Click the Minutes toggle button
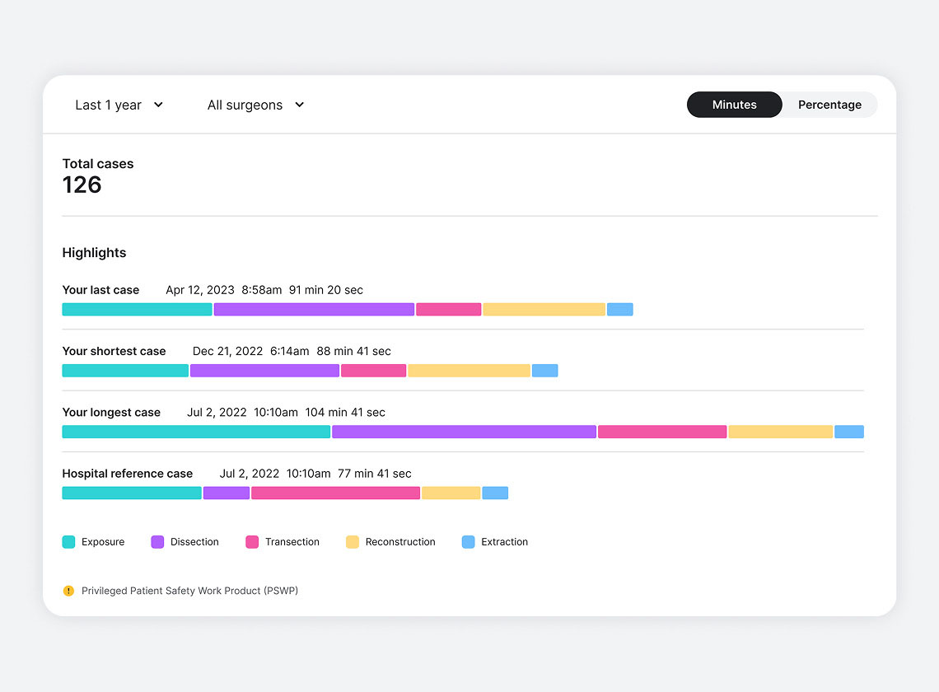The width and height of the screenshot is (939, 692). pyautogui.click(x=734, y=105)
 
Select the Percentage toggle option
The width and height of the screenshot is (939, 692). pyautogui.click(x=829, y=105)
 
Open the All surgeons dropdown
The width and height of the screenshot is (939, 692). pyautogui.click(x=255, y=105)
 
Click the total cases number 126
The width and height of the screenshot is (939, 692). pyautogui.click(x=82, y=185)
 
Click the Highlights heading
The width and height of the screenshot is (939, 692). pyautogui.click(x=94, y=253)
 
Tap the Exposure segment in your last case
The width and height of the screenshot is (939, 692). pyautogui.click(x=137, y=310)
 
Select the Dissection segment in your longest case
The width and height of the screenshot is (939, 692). pyautogui.click(x=464, y=432)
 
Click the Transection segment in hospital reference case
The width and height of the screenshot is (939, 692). pyautogui.click(x=335, y=493)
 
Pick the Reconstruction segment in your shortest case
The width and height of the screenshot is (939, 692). pyautogui.click(x=469, y=371)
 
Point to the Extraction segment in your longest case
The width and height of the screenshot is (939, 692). pyautogui.click(x=848, y=432)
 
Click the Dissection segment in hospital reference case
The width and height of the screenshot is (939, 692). pyautogui.click(x=227, y=493)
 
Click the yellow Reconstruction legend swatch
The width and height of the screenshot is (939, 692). pyautogui.click(x=353, y=542)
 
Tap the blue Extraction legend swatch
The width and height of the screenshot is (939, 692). pyautogui.click(x=468, y=542)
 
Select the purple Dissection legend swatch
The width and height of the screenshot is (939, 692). pyautogui.click(x=157, y=542)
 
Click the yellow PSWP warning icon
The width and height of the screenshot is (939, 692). pyautogui.click(x=68, y=591)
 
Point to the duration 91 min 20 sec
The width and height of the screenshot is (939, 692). pyautogui.click(x=326, y=290)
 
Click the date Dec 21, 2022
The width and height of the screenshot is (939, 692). pyautogui.click(x=227, y=351)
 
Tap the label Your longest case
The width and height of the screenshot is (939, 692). pyautogui.click(x=111, y=412)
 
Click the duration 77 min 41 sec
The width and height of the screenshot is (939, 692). pyautogui.click(x=375, y=474)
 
